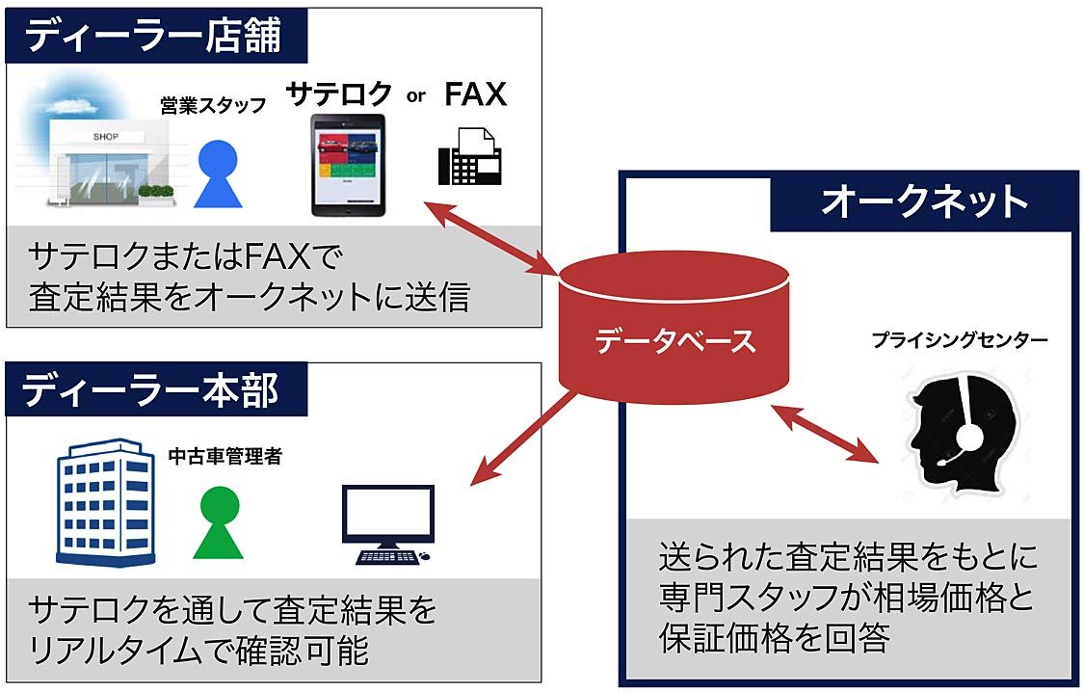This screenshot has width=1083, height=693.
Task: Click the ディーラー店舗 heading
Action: (153, 36)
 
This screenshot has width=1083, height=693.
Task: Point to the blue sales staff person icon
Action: (218, 174)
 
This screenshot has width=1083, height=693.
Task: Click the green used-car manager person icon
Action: (221, 522)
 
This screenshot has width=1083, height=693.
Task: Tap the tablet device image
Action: (348, 165)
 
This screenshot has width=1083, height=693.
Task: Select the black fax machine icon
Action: (470, 155)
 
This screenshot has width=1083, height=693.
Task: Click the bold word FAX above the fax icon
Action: (475, 94)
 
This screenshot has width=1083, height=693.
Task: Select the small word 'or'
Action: (416, 96)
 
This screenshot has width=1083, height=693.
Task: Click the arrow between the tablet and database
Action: (492, 237)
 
